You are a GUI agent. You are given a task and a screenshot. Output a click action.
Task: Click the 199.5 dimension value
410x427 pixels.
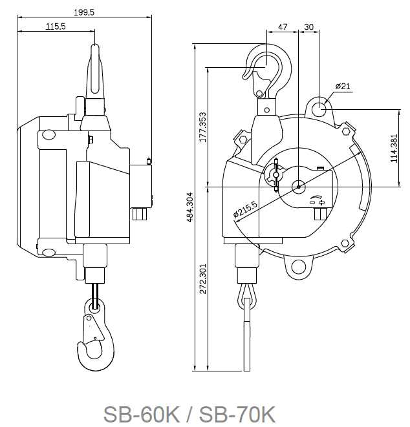[x=85, y=12]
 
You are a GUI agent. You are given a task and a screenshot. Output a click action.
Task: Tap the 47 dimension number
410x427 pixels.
[x=283, y=26]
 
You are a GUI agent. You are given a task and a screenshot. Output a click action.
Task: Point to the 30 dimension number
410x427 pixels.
[x=308, y=26]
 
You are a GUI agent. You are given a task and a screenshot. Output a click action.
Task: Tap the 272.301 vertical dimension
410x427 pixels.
[x=202, y=278]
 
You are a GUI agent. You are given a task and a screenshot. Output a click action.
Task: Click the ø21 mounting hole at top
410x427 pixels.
[x=319, y=107]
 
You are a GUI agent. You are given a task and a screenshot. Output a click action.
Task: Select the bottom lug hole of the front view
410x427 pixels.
[x=298, y=266]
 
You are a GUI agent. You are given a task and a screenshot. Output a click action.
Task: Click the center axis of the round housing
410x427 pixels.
[x=298, y=187]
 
